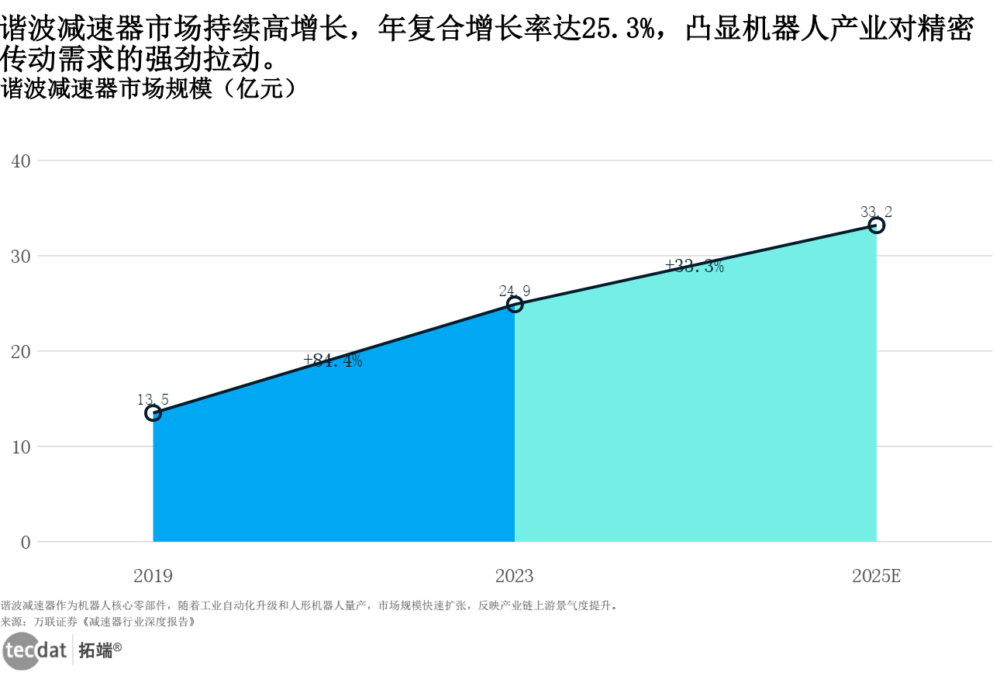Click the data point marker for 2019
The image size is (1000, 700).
pos(153,413)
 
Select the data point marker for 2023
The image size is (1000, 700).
pos(515,304)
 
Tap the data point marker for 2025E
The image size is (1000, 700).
pos(877,225)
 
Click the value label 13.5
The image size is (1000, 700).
pos(153,400)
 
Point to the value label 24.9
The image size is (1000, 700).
pos(515,291)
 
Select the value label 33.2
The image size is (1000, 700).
pos(877,212)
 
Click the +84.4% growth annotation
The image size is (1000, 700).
pos(333,360)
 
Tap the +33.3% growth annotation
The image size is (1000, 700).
pos(695,267)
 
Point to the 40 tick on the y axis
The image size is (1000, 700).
pos(21,161)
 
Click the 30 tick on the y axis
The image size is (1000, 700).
pos(21,257)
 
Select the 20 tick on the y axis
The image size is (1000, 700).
pos(21,352)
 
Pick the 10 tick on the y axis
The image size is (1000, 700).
pos(21,447)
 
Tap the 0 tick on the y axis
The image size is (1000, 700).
pos(26,543)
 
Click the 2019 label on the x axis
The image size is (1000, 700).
pos(153,576)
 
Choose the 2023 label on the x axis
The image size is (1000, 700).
pos(515,576)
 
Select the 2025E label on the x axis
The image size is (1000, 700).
pos(877,576)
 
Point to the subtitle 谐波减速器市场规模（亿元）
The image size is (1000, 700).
pos(150,88)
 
